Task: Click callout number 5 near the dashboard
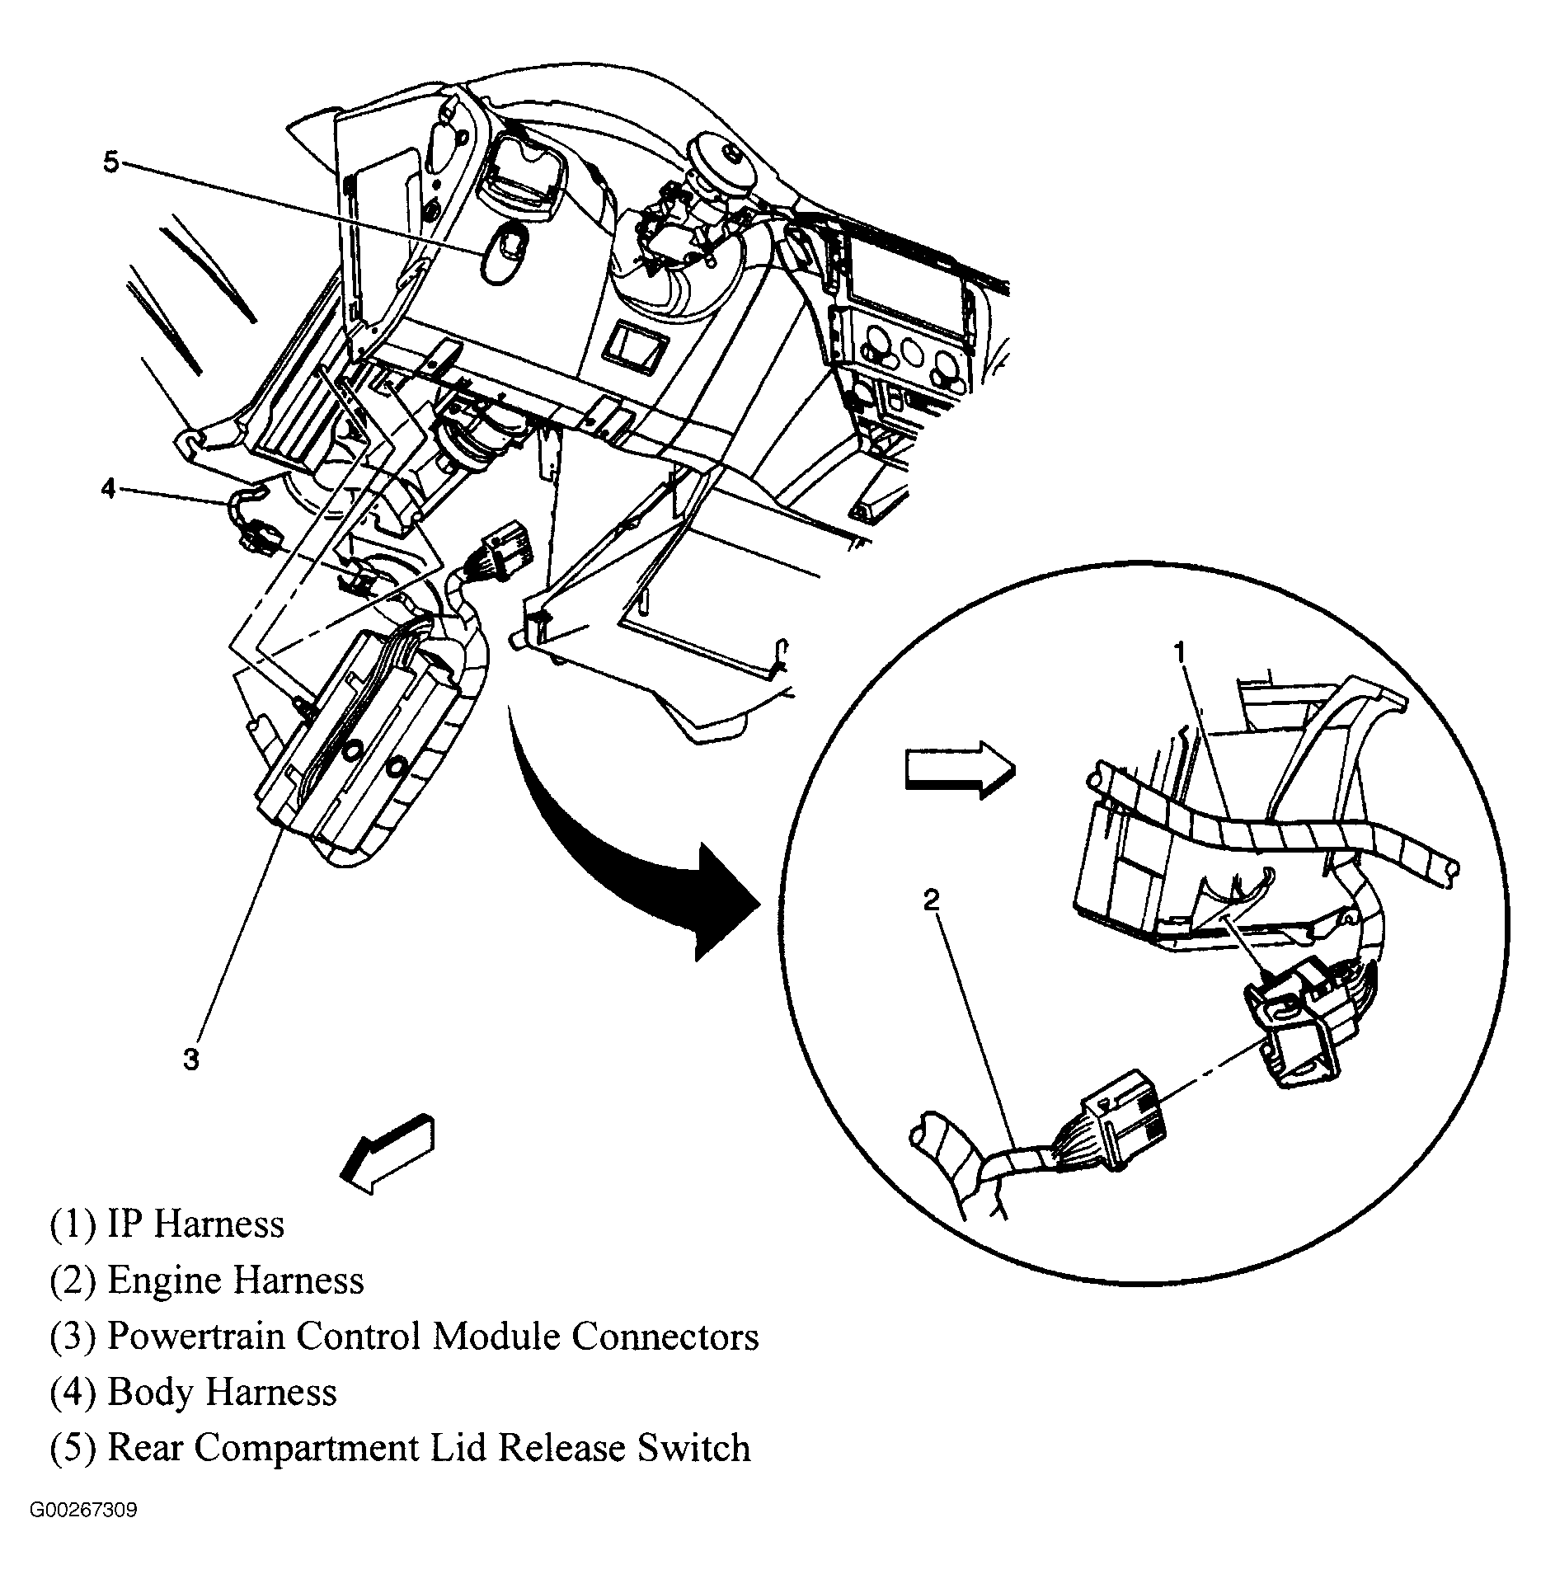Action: [111, 162]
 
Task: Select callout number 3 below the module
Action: [191, 1060]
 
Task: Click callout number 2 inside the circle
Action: [931, 900]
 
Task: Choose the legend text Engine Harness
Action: [207, 1281]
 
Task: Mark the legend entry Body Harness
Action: [194, 1393]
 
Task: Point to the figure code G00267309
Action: [84, 1511]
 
